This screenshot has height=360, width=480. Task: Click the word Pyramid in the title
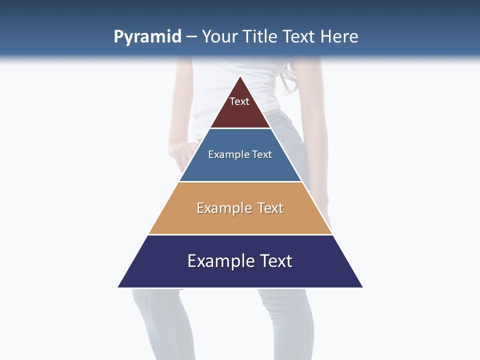147,37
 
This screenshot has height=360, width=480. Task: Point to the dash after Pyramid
191,37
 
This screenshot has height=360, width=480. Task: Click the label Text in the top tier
239,101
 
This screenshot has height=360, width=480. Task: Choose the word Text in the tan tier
270,208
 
